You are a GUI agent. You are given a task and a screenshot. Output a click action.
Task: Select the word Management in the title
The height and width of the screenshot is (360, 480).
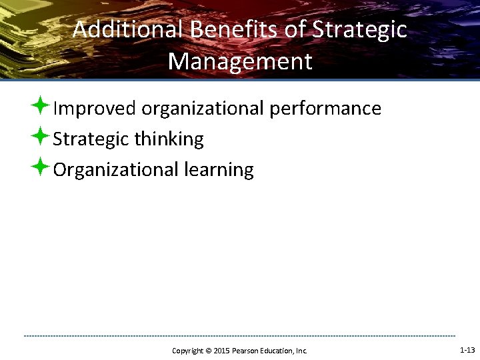pyautogui.click(x=240, y=61)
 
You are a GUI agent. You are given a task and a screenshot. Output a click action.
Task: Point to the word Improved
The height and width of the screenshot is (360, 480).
pyautogui.click(x=95, y=108)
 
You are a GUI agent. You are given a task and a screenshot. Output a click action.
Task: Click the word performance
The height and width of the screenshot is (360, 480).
pyautogui.click(x=325, y=108)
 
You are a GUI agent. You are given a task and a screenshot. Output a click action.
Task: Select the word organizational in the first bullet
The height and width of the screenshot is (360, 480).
pyautogui.click(x=203, y=108)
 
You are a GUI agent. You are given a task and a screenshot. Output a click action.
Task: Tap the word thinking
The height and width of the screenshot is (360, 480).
pyautogui.click(x=169, y=139)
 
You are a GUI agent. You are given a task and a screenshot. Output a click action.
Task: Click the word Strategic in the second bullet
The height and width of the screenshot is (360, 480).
pyautogui.click(x=91, y=139)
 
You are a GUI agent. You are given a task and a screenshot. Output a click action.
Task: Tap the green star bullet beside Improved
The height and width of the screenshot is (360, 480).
pyautogui.click(x=41, y=105)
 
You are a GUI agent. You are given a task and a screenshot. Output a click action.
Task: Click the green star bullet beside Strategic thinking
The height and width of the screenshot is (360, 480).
pyautogui.click(x=41, y=136)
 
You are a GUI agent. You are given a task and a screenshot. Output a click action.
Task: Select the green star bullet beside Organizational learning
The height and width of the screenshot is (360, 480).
pyautogui.click(x=41, y=167)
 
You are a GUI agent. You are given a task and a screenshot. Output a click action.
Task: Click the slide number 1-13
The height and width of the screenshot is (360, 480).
pyautogui.click(x=467, y=350)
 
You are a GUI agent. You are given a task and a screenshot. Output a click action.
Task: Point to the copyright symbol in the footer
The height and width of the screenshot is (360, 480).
pyautogui.click(x=207, y=351)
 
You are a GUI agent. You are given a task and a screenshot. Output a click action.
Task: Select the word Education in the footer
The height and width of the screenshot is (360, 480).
pyautogui.click(x=275, y=351)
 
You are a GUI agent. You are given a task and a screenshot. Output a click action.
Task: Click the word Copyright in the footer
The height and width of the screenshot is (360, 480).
pyautogui.click(x=187, y=351)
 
